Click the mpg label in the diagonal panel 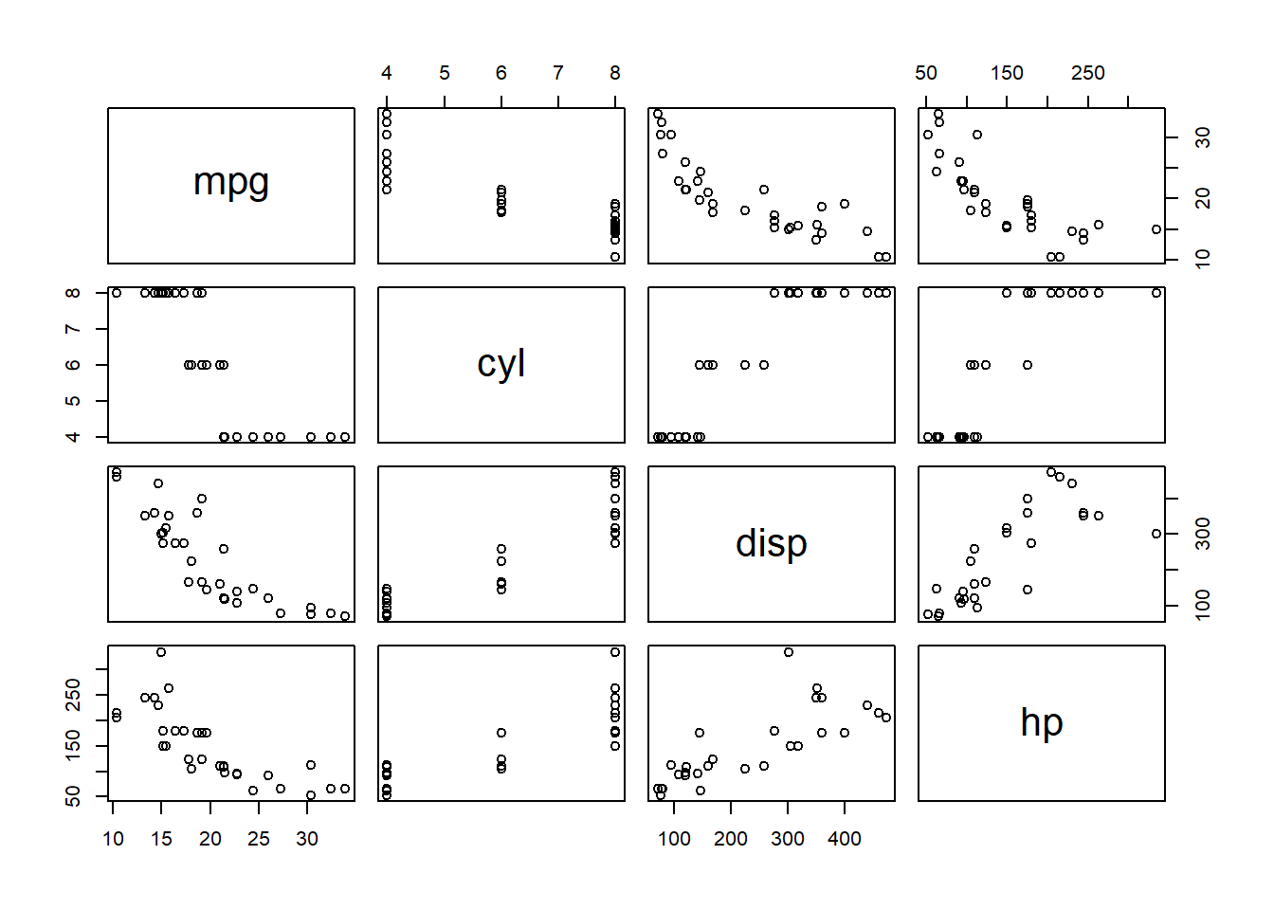231,182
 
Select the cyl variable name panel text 501,363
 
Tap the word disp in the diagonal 772,543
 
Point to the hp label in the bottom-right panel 1042,722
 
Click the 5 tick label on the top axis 445,73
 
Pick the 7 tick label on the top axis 558,73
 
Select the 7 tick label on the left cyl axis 73,329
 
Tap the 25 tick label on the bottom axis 259,839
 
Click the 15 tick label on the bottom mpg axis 161,839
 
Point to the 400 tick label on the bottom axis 845,839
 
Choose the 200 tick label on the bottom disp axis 731,839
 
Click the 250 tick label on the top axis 1087,73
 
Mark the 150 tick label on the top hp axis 1007,73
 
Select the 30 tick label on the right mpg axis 1203,137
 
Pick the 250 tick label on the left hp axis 73,695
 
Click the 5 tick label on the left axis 73,401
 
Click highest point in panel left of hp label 789,652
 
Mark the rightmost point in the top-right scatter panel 1156,229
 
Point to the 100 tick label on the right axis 1203,605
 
